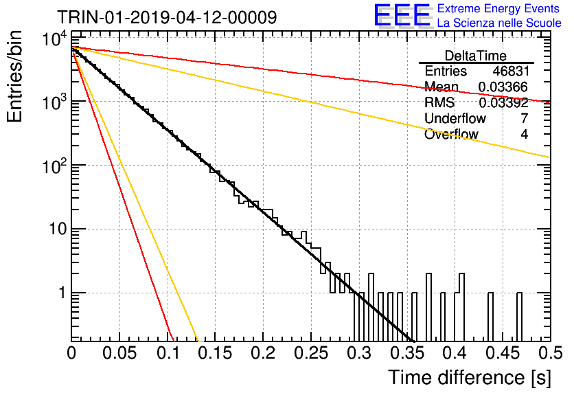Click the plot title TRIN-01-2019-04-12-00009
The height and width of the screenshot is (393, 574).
(167, 17)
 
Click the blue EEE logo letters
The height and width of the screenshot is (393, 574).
(402, 15)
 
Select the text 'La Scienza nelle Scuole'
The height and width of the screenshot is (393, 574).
(499, 23)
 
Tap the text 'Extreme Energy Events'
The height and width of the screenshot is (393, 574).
(498, 8)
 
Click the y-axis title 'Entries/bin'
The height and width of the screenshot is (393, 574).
(14, 77)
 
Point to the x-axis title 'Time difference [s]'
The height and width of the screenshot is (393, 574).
(470, 377)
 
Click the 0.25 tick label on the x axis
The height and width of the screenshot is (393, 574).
(311, 353)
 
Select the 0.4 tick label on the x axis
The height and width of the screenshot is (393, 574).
(455, 353)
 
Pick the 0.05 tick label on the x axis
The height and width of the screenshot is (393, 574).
(119, 353)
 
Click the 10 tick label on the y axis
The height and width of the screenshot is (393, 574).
(58, 229)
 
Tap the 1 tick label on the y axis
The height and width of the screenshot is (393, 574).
(62, 293)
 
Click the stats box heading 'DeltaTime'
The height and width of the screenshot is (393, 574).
(475, 56)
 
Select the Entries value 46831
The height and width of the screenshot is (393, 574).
(511, 71)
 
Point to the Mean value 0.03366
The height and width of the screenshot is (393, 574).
(503, 87)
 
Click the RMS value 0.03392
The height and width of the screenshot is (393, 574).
(503, 102)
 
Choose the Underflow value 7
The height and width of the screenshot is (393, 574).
(524, 118)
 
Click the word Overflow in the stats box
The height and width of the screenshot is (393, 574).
(451, 134)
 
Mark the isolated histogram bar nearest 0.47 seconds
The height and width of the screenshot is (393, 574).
(519, 317)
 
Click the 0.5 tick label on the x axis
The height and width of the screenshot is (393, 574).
(550, 353)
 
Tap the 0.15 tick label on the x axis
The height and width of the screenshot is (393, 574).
(216, 353)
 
